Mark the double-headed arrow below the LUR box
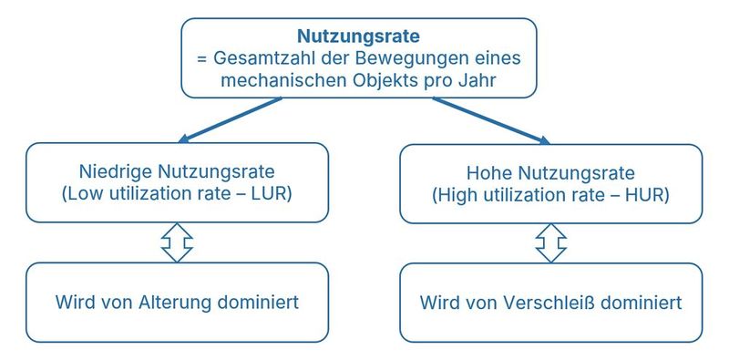[x=177, y=242]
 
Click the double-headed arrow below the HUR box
[x=551, y=242]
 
